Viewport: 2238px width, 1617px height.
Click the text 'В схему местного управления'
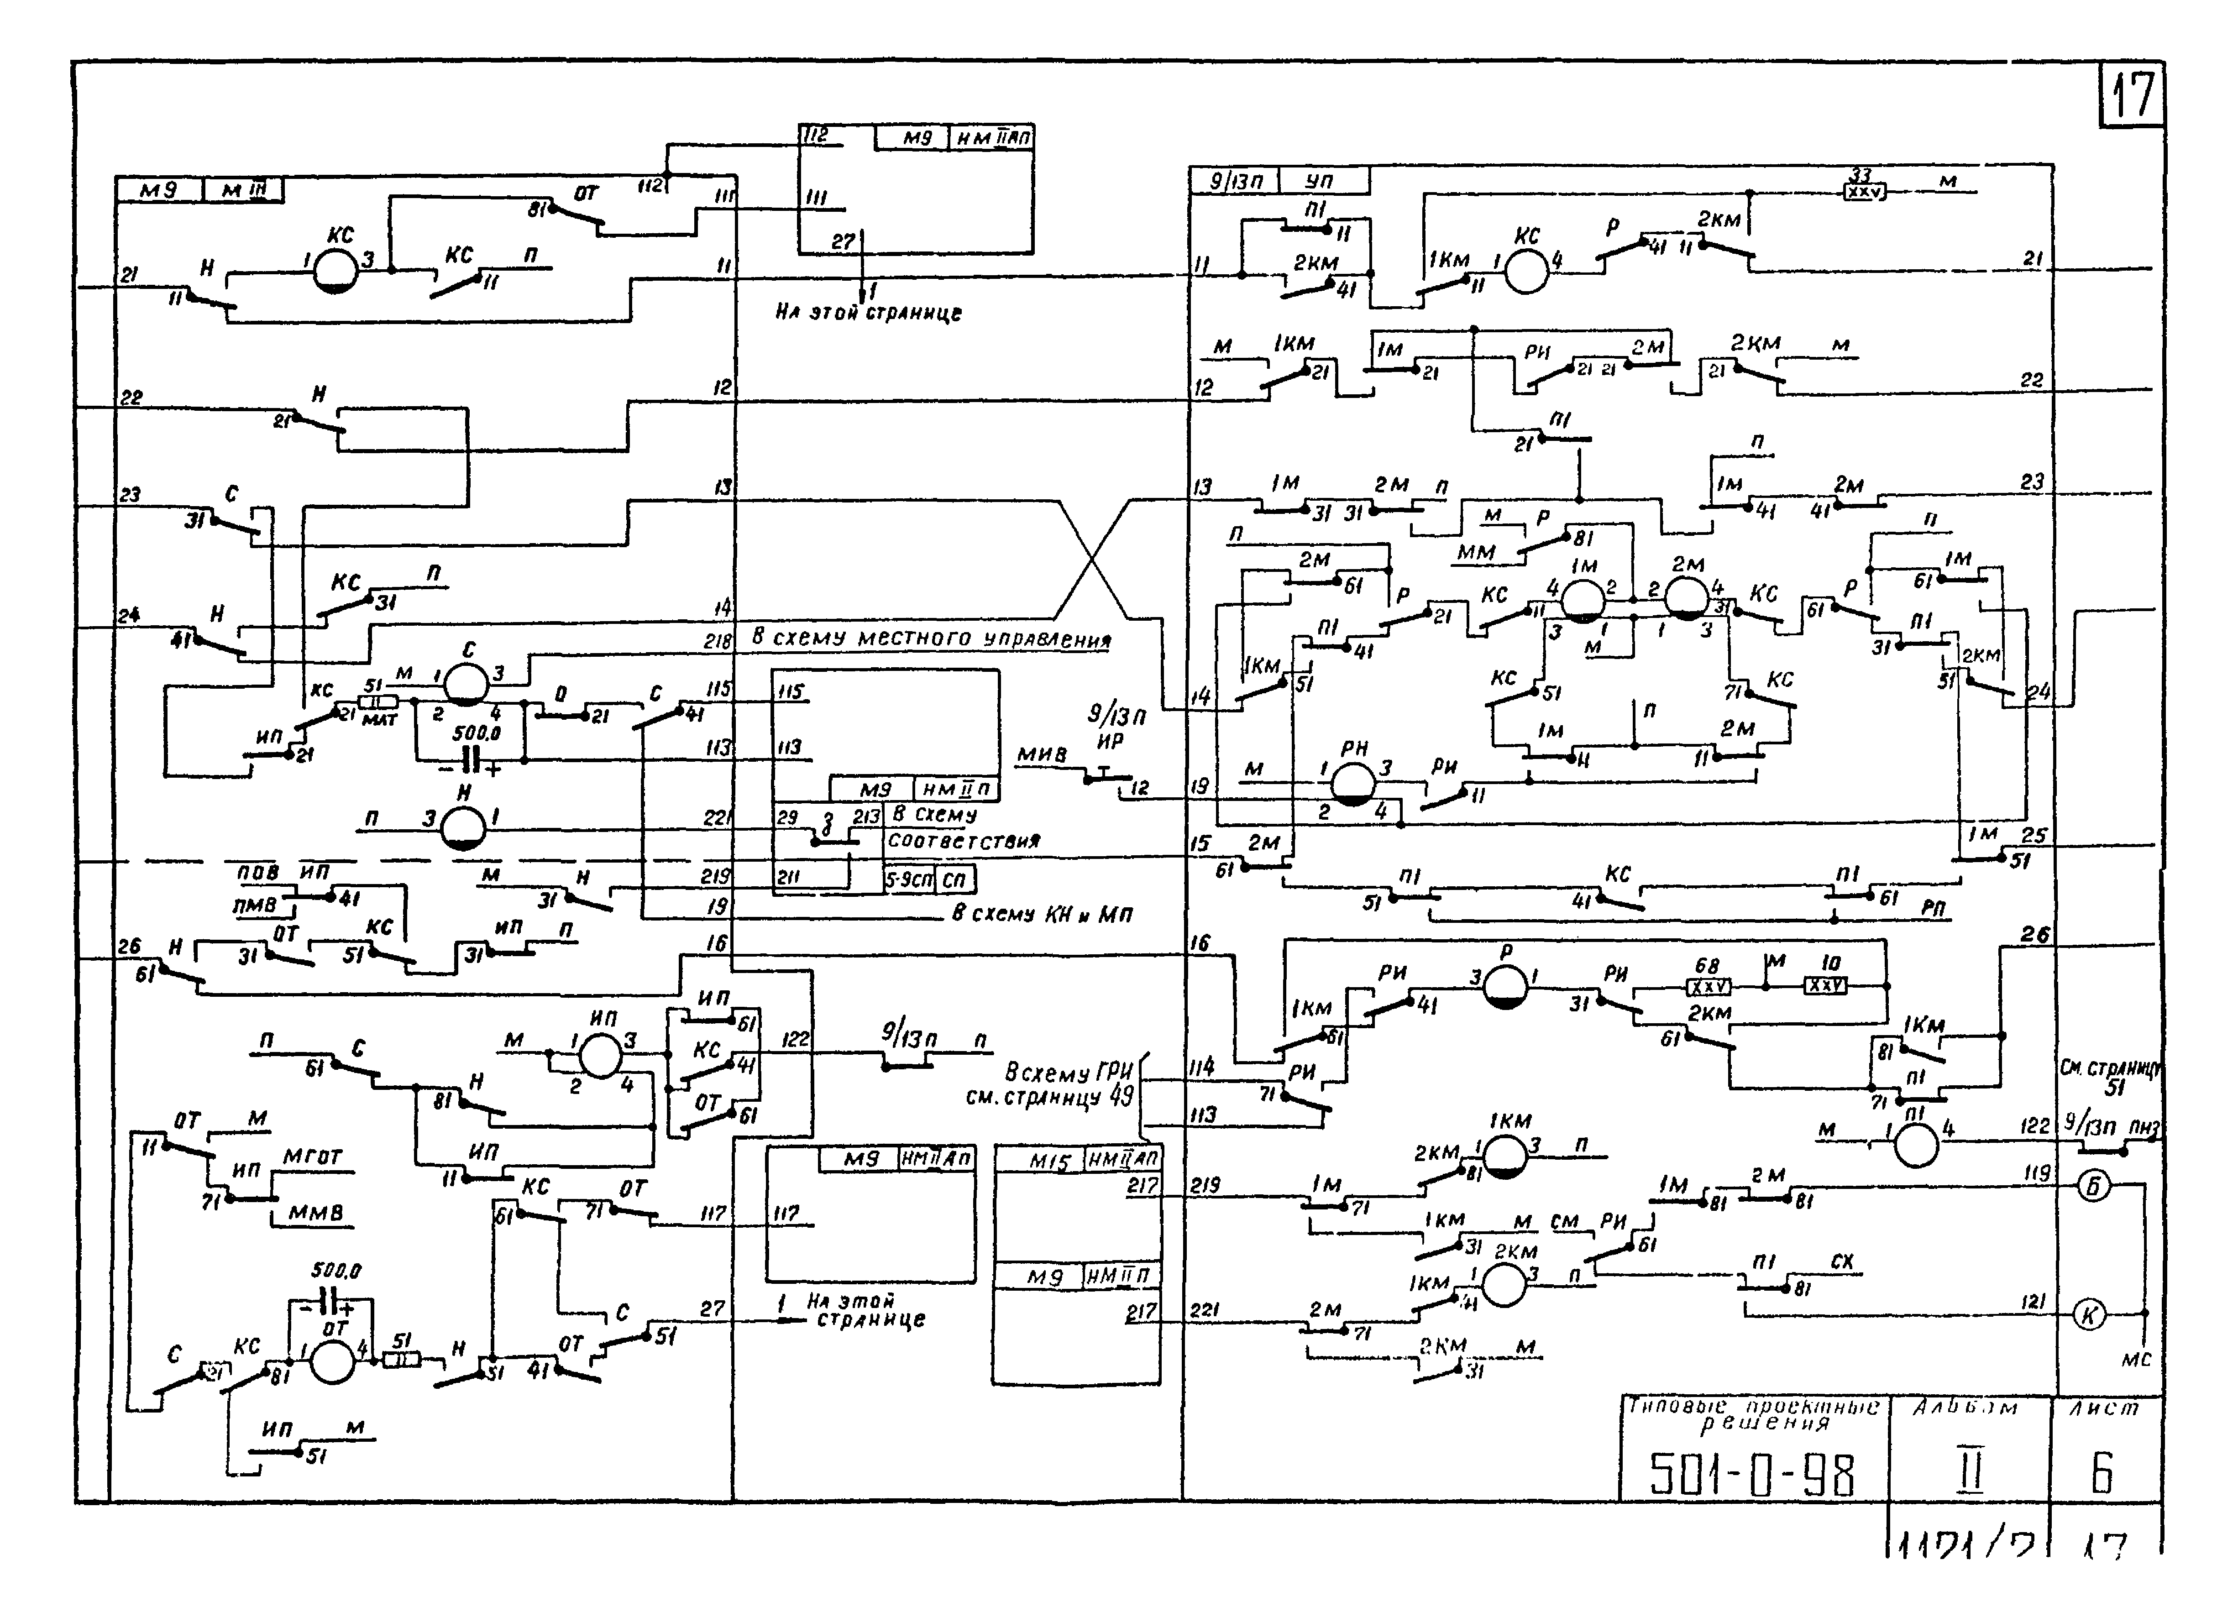pyautogui.click(x=931, y=638)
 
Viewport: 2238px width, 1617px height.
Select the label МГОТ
pyautogui.click(x=312, y=1156)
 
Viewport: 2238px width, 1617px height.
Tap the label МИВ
pyautogui.click(x=1042, y=755)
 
